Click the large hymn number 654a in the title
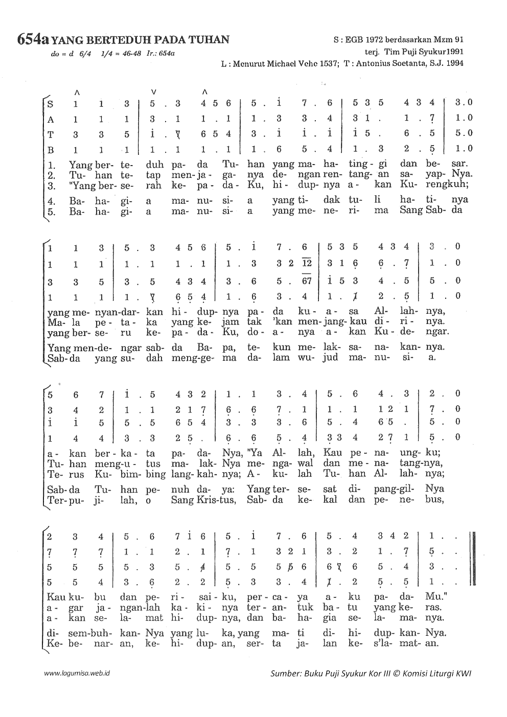tap(33, 39)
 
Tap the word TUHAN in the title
tap(210, 40)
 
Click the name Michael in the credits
tap(289, 64)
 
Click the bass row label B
tap(50, 149)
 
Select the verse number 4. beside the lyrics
tap(51, 200)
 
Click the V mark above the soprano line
tap(153, 92)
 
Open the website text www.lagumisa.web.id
tap(77, 674)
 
